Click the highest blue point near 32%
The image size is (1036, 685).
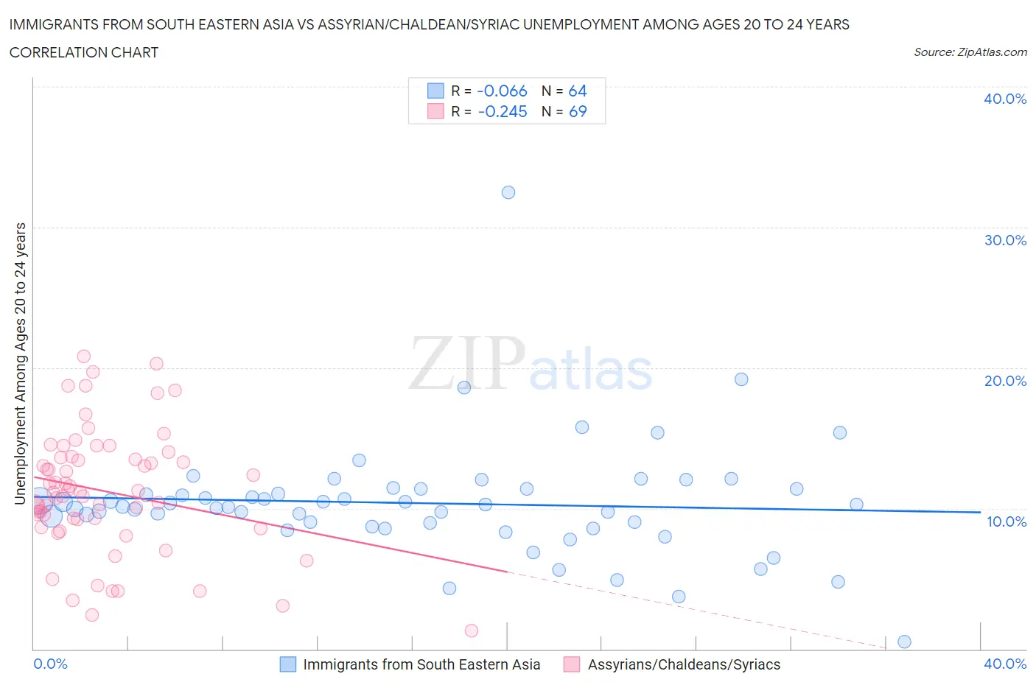coord(508,192)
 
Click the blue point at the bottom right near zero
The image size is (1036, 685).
coord(904,642)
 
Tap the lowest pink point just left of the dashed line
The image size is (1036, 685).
coord(472,630)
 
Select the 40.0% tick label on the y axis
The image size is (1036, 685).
coord(1005,99)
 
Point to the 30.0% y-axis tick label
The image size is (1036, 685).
coord(1005,240)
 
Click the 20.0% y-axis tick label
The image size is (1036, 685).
coord(1005,381)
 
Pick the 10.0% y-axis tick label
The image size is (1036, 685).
coord(1005,521)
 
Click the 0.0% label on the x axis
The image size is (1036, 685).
coord(50,664)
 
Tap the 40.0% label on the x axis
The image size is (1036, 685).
coord(1005,664)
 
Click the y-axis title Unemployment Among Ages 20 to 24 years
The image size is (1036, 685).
coord(20,364)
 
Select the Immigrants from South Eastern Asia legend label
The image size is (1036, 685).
coord(421,664)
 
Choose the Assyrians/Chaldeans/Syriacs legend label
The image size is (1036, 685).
coord(684,664)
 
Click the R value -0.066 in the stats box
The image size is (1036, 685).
coord(502,91)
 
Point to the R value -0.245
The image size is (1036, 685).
coord(502,111)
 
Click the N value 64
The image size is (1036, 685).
coord(578,91)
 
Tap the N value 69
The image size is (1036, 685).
coord(578,111)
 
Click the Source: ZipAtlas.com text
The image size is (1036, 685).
coord(970,52)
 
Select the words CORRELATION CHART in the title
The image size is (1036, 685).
coord(84,52)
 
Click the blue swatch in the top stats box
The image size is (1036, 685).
coord(435,91)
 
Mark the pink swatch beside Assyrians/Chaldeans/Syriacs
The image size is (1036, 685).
coord(572,664)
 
